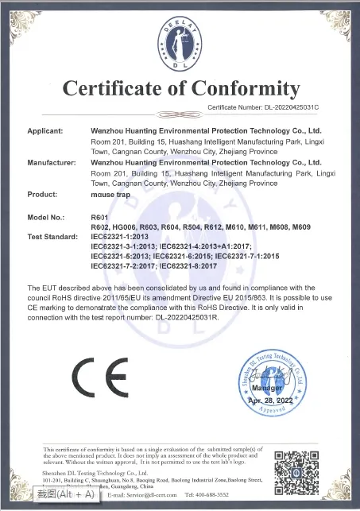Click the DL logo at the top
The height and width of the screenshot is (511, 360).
pyautogui.click(x=180, y=37)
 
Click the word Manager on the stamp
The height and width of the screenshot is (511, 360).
pyautogui.click(x=269, y=390)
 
